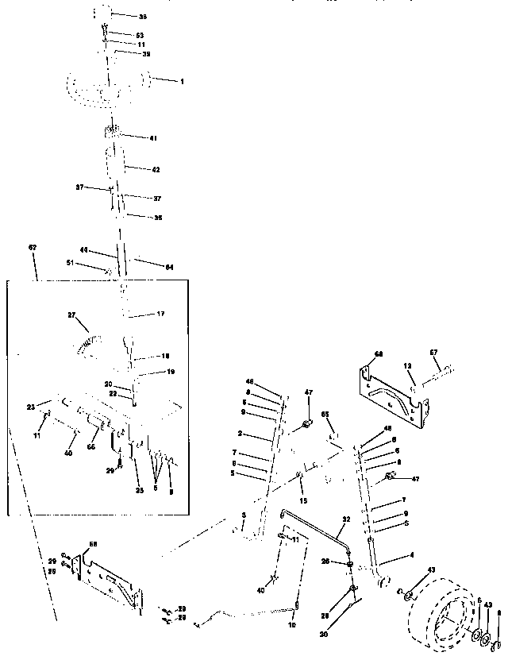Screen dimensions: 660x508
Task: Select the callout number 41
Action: (153, 138)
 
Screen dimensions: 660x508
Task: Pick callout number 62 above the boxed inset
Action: (33, 248)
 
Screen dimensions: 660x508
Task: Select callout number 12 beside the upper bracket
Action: (407, 366)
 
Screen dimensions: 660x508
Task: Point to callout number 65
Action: (325, 415)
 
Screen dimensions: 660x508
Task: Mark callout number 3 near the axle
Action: (244, 516)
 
